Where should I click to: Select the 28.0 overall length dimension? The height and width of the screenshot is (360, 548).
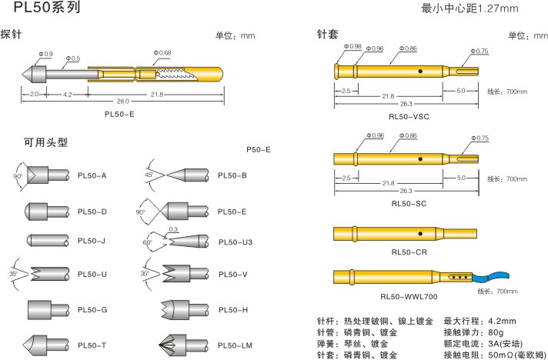tap(123, 102)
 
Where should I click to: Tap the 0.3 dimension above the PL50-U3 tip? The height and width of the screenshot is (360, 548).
tap(174, 229)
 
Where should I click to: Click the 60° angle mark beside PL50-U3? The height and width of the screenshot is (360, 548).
tap(146, 242)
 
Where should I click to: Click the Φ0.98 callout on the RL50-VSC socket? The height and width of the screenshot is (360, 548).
tap(353, 46)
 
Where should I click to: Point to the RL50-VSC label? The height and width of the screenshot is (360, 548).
tap(410, 116)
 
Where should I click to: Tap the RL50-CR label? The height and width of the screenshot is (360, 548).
tap(409, 252)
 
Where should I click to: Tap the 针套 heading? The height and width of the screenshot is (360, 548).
tap(328, 35)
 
